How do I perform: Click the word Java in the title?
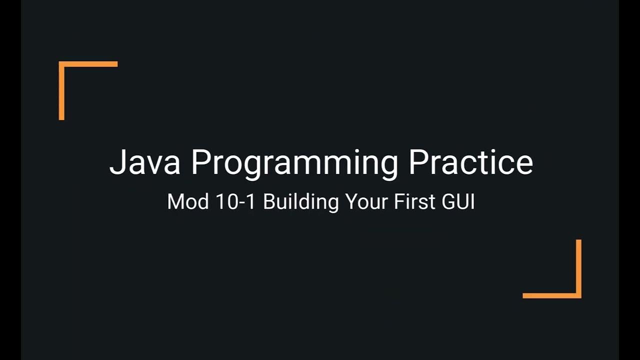click(x=144, y=162)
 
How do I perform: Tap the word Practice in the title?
click(x=470, y=162)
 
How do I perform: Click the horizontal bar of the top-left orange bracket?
click(x=88, y=64)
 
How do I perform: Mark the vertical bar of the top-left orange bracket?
click(x=61, y=91)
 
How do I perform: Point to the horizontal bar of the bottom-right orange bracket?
click(x=551, y=295)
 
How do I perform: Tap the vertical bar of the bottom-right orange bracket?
click(x=578, y=268)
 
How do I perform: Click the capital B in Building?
click(x=268, y=201)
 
